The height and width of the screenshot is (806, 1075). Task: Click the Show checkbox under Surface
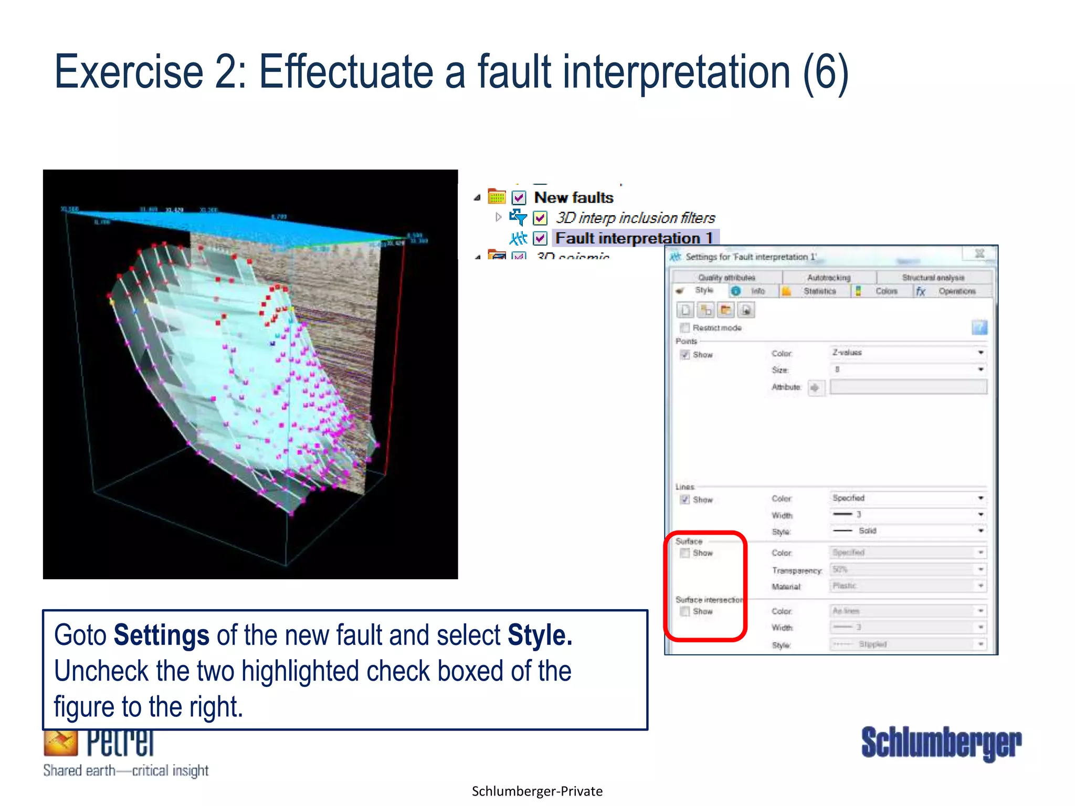685,553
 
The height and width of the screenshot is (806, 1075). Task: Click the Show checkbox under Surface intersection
685,611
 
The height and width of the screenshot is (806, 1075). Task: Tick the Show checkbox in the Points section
685,355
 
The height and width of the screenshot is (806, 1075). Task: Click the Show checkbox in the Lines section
685,500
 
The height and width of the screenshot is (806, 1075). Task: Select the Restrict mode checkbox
685,328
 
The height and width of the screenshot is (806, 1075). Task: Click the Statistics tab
819,291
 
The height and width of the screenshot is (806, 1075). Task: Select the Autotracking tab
829,278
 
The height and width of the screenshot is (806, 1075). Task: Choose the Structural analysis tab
933,278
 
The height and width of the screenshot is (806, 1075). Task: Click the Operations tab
956,291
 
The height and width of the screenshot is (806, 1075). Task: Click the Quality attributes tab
726,278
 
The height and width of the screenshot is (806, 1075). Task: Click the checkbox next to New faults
519,198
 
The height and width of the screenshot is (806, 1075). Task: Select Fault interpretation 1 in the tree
634,238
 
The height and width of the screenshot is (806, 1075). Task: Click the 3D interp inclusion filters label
635,218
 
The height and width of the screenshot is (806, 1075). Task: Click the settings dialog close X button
979,254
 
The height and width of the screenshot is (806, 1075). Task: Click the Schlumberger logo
941,743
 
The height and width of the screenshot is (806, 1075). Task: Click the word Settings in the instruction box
161,635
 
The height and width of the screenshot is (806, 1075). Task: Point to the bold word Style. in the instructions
540,635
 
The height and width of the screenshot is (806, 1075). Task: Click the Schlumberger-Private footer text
537,791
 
